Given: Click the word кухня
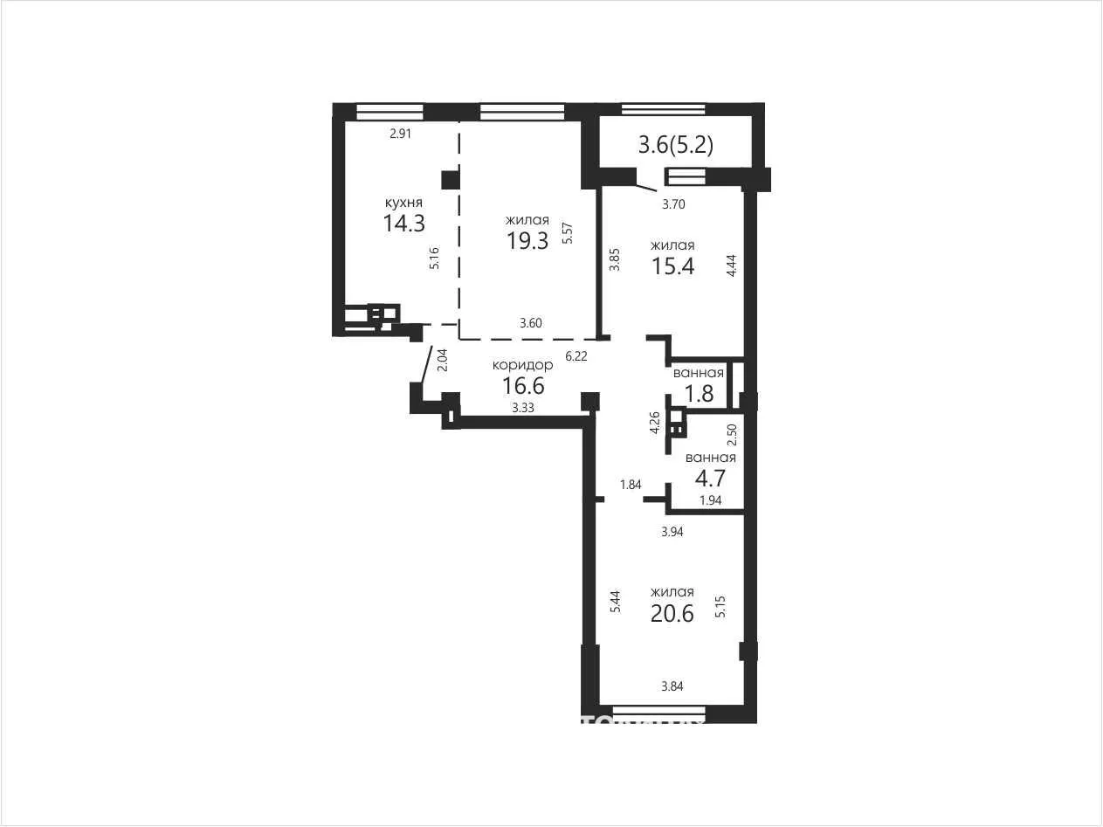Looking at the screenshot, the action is pyautogui.click(x=403, y=203).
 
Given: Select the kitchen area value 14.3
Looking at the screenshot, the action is pyautogui.click(x=404, y=223).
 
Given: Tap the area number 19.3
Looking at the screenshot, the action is pyautogui.click(x=527, y=241).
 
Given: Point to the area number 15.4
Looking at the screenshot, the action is pyautogui.click(x=672, y=266).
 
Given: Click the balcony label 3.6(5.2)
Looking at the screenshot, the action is pyautogui.click(x=676, y=146).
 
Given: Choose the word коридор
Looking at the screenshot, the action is pyautogui.click(x=522, y=365).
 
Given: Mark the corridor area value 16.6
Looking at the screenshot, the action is pyautogui.click(x=524, y=386).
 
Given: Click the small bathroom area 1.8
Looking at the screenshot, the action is pyautogui.click(x=700, y=394).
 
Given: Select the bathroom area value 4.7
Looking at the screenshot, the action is pyautogui.click(x=711, y=479).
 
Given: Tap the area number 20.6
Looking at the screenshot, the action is pyautogui.click(x=672, y=613).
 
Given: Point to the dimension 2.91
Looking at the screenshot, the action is pyautogui.click(x=401, y=134).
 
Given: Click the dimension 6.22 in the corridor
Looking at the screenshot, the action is pyautogui.click(x=576, y=356).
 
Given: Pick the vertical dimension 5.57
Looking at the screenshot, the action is pyautogui.click(x=568, y=233).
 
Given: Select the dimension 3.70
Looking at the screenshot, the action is pyautogui.click(x=674, y=204).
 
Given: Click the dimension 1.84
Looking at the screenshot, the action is pyautogui.click(x=631, y=485).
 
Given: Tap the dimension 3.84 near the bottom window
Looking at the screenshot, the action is pyautogui.click(x=672, y=686).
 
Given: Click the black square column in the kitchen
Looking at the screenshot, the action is pyautogui.click(x=451, y=180).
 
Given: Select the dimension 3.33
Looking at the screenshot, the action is pyautogui.click(x=523, y=408).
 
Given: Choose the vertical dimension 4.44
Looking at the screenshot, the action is pyautogui.click(x=732, y=265).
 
